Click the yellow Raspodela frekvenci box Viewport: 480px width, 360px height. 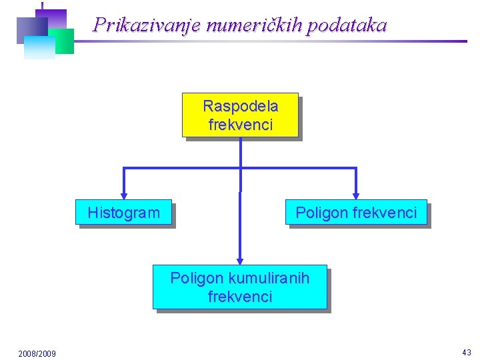click(240, 115)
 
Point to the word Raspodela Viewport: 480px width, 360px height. click(240, 106)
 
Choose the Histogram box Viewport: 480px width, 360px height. click(123, 213)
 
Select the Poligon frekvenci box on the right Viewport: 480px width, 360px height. click(356, 213)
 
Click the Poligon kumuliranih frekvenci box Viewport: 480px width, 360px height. click(240, 287)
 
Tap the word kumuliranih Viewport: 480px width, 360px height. click(269, 278)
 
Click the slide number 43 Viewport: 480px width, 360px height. click(466, 352)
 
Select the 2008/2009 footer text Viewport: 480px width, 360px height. click(37, 353)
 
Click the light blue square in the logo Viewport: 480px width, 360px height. click(38, 48)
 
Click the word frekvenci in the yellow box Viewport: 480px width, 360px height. click(240, 125)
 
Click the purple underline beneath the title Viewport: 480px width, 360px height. click(267, 41)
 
